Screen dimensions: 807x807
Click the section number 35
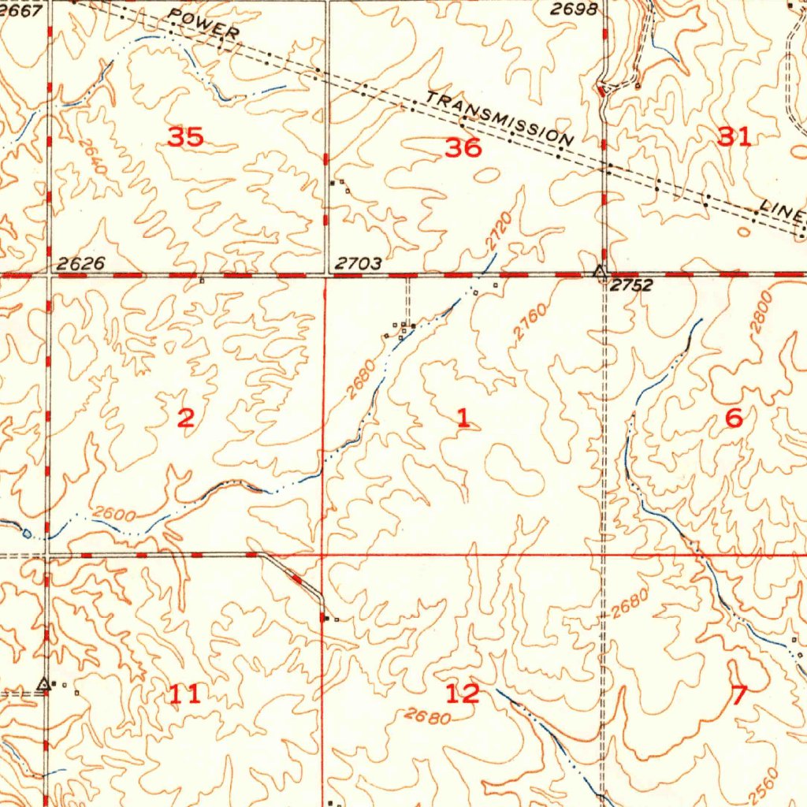point(186,137)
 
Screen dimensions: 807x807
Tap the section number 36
point(463,147)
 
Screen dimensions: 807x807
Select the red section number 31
point(734,136)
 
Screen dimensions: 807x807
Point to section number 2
point(185,418)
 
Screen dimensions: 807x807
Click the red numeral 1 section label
point(463,418)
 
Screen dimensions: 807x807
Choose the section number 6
point(734,418)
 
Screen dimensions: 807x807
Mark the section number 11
point(185,694)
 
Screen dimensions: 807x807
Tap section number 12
point(462,694)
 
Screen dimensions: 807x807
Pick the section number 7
point(738,695)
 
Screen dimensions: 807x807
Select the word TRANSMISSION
point(500,120)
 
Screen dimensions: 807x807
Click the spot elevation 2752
point(632,285)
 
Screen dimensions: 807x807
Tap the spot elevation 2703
point(359,264)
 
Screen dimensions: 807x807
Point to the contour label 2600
point(113,515)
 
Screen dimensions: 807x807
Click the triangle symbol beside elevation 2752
point(601,273)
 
